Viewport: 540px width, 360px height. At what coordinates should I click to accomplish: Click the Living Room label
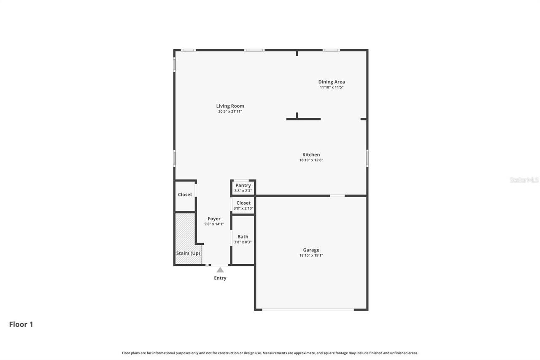click(x=230, y=106)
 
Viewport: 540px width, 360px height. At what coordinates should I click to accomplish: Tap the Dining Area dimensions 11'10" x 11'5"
click(x=331, y=87)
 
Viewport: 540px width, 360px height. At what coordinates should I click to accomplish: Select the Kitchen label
click(x=311, y=154)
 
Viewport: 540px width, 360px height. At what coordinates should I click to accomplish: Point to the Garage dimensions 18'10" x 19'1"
click(x=311, y=255)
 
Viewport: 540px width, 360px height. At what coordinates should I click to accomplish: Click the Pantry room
click(x=243, y=187)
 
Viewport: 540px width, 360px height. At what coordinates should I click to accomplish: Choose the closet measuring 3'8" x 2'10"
click(x=243, y=206)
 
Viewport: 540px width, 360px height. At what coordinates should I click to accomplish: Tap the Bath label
click(x=243, y=237)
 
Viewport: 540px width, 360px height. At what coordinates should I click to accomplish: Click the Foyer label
click(x=214, y=219)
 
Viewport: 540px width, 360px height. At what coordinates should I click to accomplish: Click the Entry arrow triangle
click(x=220, y=270)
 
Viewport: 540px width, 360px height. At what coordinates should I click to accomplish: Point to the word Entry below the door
click(x=220, y=278)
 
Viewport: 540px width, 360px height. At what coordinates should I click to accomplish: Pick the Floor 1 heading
click(x=21, y=325)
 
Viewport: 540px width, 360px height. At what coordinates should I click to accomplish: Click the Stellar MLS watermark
click(x=524, y=180)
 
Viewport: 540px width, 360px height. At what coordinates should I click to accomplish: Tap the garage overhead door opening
click(x=308, y=310)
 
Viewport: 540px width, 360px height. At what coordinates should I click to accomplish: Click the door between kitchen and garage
click(x=337, y=195)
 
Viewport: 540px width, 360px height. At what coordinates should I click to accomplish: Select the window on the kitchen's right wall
click(x=367, y=158)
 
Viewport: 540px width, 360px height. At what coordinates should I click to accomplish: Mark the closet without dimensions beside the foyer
click(x=185, y=195)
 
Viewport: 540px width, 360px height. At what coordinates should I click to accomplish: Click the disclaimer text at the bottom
click(x=270, y=353)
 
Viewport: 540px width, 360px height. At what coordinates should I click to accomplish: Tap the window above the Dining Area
click(x=331, y=50)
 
